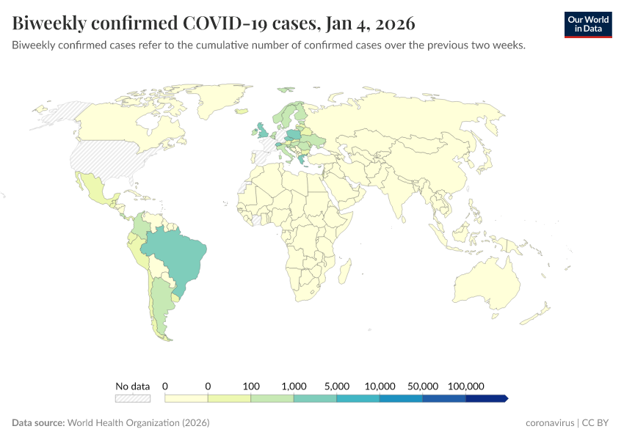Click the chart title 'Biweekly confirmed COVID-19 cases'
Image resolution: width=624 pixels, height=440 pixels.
point(214,23)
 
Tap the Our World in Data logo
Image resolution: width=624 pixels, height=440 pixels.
point(588,24)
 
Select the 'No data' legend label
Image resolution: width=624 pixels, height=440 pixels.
point(132,386)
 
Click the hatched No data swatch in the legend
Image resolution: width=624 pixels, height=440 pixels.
point(132,398)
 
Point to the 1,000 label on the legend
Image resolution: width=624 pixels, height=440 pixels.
point(294,386)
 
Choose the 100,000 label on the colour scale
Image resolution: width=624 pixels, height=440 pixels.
point(465,386)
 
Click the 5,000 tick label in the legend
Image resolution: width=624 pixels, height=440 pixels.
point(337,386)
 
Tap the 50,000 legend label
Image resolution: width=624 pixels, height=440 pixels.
point(423,386)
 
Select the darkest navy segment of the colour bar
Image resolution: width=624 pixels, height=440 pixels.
point(486,398)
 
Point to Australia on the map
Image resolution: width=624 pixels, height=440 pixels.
point(486,283)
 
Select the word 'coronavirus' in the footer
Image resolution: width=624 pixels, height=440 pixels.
point(551,423)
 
